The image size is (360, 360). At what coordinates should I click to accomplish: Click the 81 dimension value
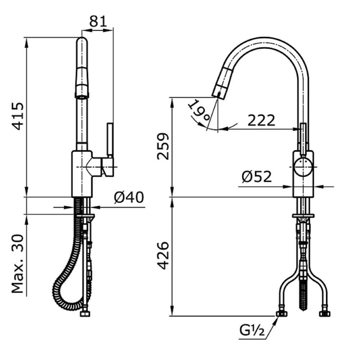click(x=98, y=22)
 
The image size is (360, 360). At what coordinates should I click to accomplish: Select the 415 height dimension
click(x=18, y=116)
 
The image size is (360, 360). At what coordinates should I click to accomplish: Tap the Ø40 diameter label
click(x=129, y=197)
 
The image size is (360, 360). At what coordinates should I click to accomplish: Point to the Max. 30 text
click(x=18, y=264)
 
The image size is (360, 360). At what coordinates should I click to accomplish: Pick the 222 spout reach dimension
click(x=261, y=120)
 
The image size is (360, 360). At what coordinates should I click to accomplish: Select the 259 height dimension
click(x=163, y=146)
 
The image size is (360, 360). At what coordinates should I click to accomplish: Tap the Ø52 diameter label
click(x=257, y=176)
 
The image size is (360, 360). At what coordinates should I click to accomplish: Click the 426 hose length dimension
click(x=163, y=256)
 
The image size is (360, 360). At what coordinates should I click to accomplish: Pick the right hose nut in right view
click(x=325, y=314)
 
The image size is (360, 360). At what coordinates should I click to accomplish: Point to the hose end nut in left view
click(x=85, y=314)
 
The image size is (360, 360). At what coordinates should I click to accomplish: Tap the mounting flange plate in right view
click(x=303, y=216)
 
